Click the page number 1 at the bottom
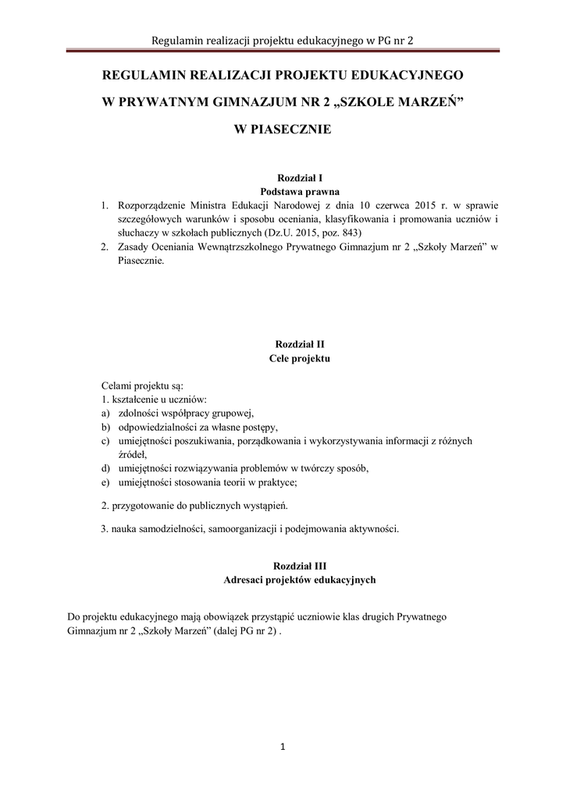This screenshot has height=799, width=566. pos(283,748)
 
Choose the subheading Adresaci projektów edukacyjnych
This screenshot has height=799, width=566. pos(300,580)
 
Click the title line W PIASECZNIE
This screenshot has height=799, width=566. pos(283,130)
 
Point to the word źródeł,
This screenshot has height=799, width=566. pos(133,455)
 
